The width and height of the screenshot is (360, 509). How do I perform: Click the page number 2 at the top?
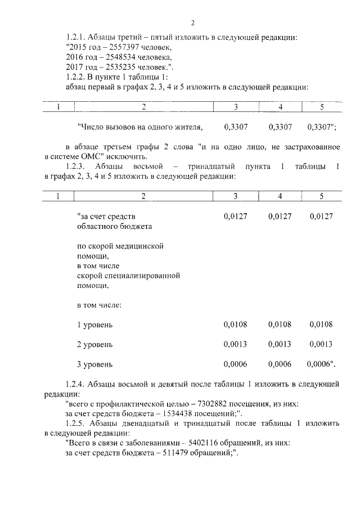tap(192, 23)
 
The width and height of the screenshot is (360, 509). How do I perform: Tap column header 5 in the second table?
tap(322, 196)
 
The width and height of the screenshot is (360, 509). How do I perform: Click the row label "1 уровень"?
tap(94, 325)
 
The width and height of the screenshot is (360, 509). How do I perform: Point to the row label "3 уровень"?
tap(94, 364)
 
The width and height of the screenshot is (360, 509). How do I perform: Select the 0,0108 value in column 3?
tap(235, 325)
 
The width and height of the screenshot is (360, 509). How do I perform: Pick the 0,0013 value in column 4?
tap(280, 344)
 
